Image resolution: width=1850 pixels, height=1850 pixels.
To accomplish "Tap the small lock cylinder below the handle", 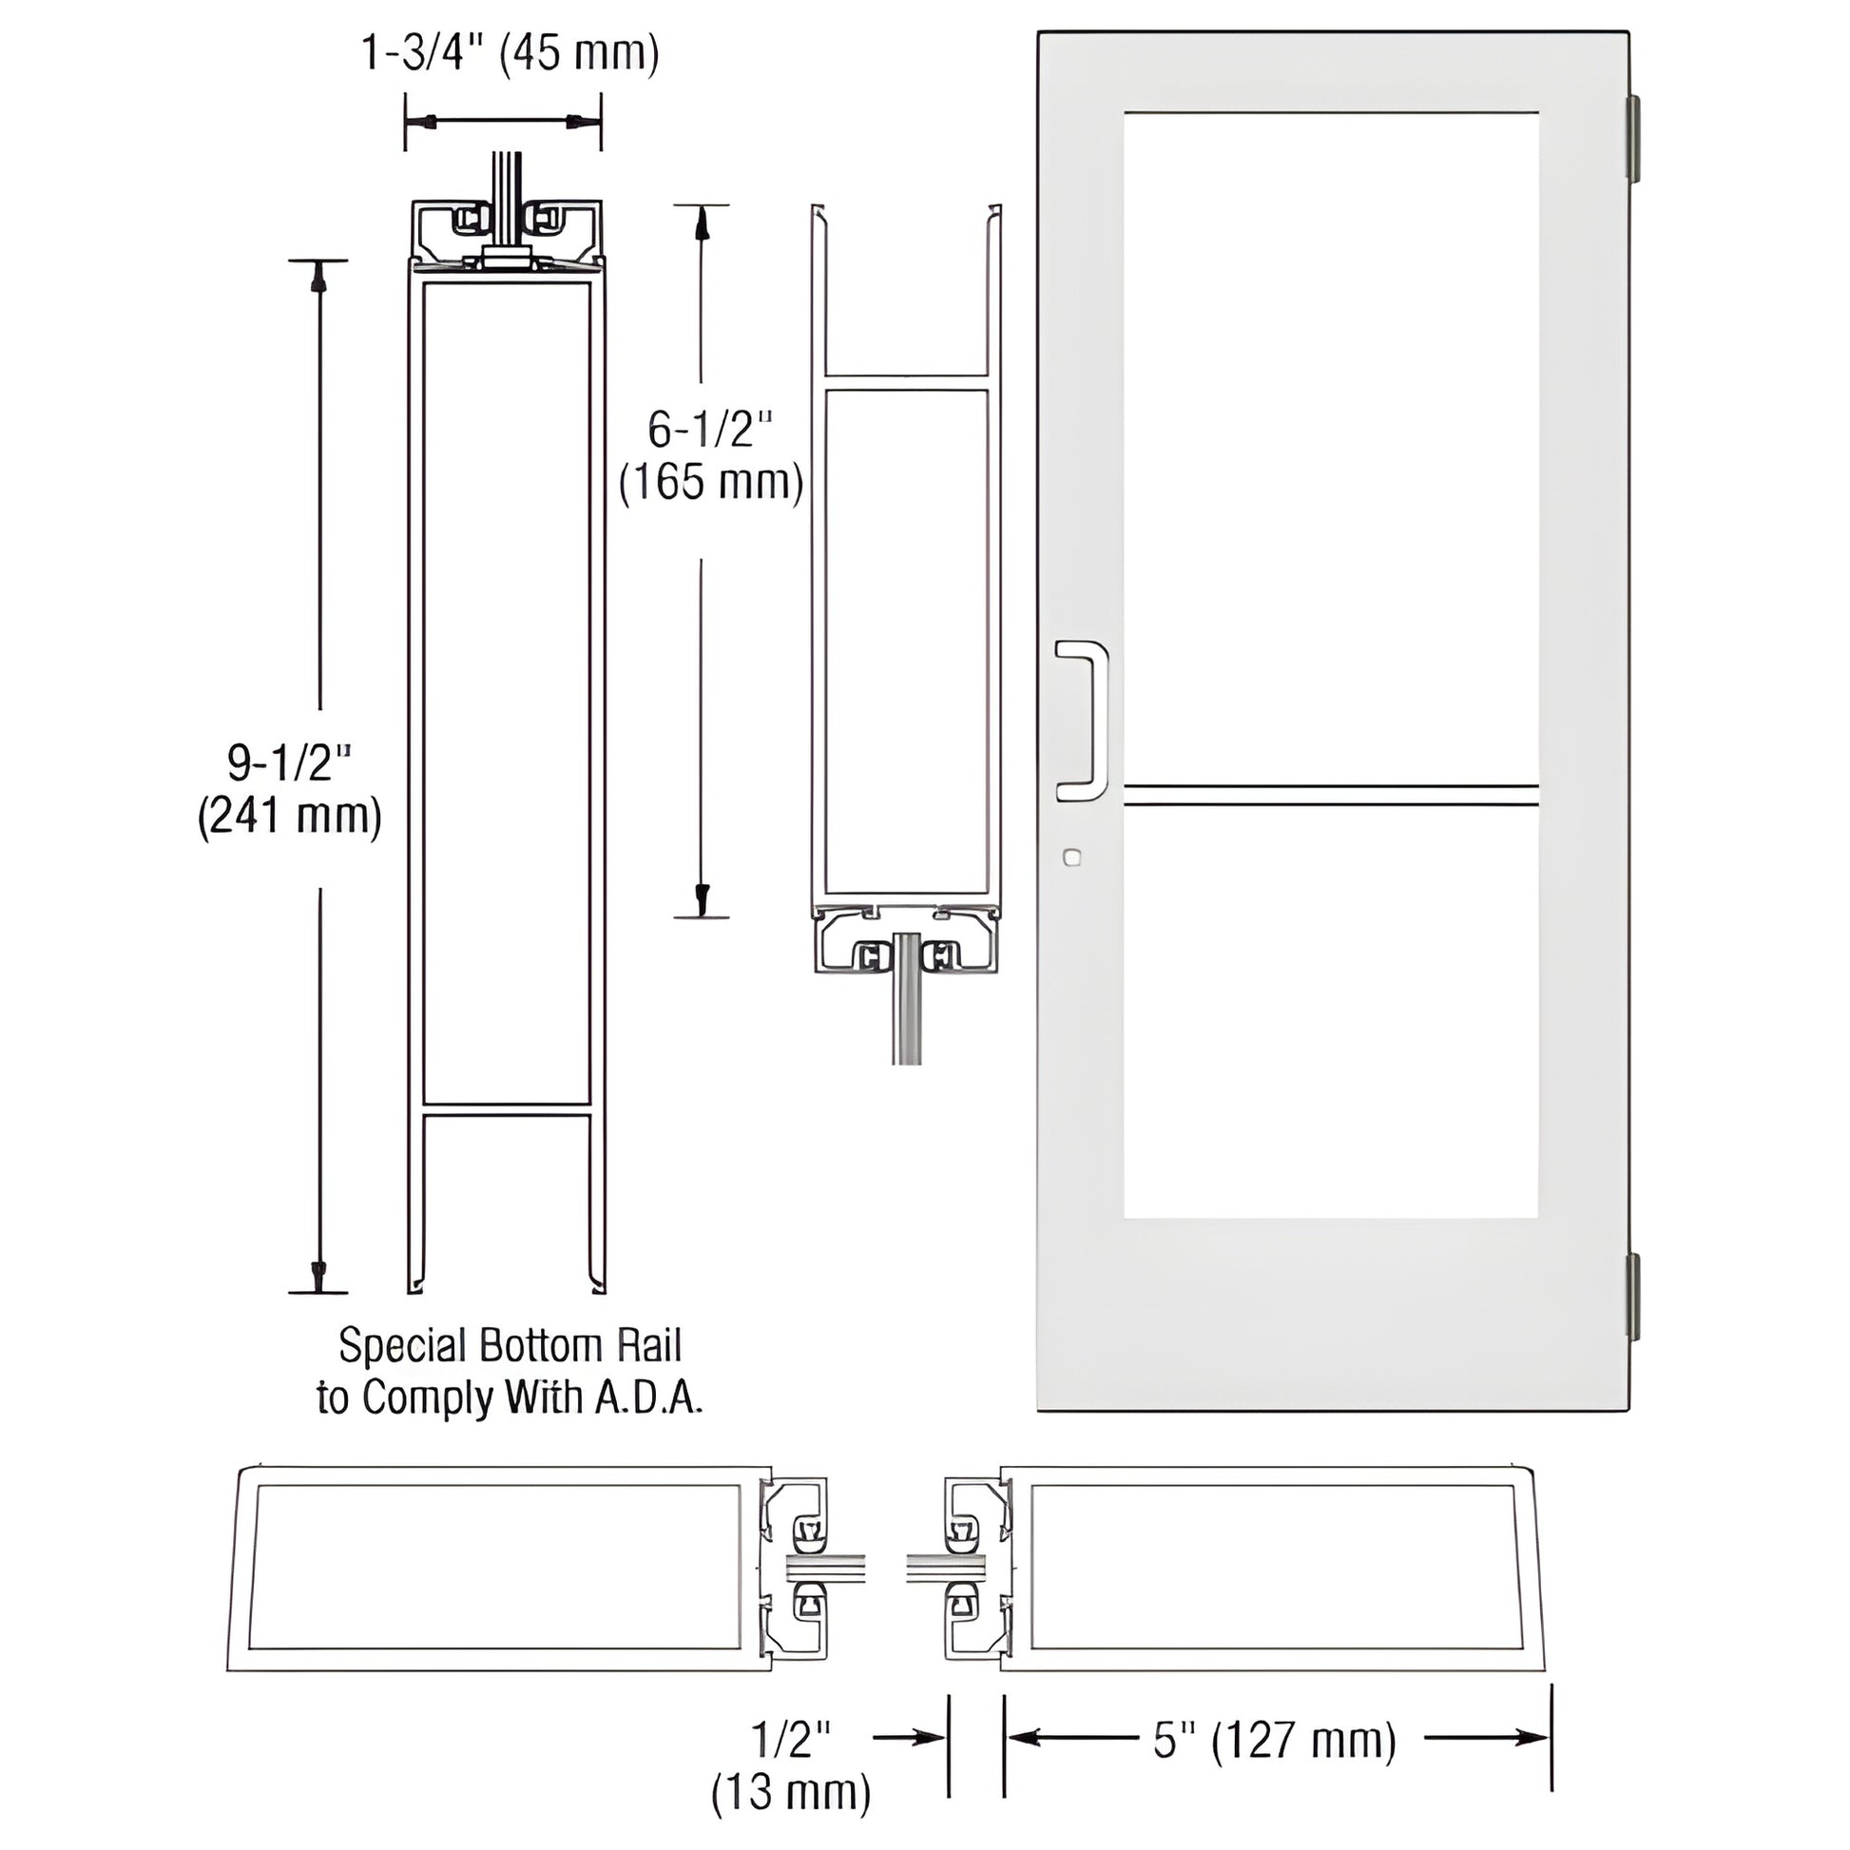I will coord(1071,857).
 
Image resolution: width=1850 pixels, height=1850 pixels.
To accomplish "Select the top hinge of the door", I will coord(1633,138).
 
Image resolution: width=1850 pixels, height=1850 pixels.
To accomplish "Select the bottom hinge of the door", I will coord(1633,1297).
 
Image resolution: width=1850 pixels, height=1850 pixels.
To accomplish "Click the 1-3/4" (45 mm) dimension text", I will coord(510,53).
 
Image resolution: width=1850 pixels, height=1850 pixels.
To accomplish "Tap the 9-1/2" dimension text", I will coord(289,762).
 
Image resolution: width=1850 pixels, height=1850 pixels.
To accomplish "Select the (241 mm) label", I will coord(289,816).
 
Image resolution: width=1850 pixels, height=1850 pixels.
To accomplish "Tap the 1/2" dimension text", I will coord(791,1738).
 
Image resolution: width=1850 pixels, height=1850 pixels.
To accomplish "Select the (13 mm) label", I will coord(791,1791).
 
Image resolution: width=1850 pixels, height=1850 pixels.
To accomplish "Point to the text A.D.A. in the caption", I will coord(649,1398).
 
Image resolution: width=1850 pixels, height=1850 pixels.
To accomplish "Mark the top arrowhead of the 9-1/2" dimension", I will coord(318,277).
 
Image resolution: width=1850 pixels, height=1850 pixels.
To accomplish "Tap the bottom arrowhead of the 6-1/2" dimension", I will coord(702,898).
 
